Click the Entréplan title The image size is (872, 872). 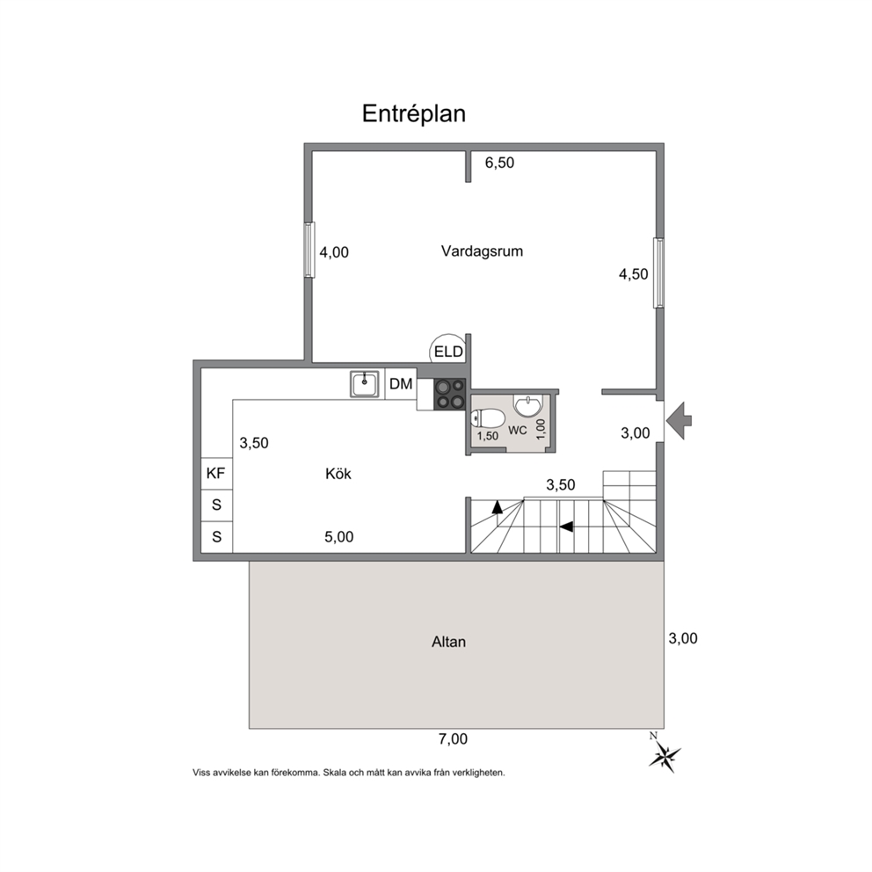pyautogui.click(x=414, y=113)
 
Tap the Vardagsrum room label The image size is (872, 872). pyautogui.click(x=483, y=251)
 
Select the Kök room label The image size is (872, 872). pyautogui.click(x=338, y=474)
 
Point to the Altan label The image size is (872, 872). pyautogui.click(x=449, y=643)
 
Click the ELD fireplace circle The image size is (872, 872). pyautogui.click(x=448, y=352)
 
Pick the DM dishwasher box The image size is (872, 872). pyautogui.click(x=401, y=384)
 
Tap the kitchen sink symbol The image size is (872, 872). pyautogui.click(x=364, y=384)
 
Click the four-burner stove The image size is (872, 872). pyautogui.click(x=449, y=394)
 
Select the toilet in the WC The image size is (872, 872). pyautogui.click(x=488, y=418)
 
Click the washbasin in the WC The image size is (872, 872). pyautogui.click(x=527, y=405)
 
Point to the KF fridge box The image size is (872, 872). pyautogui.click(x=216, y=474)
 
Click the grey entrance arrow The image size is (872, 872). pyautogui.click(x=678, y=420)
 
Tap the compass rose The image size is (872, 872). pyautogui.click(x=665, y=755)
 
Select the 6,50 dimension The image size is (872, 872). pyautogui.click(x=499, y=163)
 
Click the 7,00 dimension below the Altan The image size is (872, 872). pyautogui.click(x=453, y=739)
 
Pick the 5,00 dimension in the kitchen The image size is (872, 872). pyautogui.click(x=338, y=537)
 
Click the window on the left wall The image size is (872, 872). pyautogui.click(x=309, y=250)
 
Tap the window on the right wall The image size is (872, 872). pyautogui.click(x=658, y=272)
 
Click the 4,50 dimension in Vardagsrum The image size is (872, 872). pyautogui.click(x=634, y=274)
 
